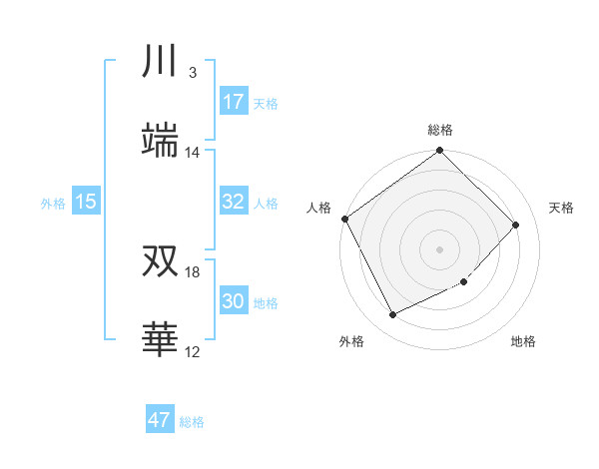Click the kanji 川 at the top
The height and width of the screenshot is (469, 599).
click(x=160, y=62)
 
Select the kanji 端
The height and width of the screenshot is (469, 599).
click(x=160, y=141)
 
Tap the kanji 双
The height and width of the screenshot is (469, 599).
click(x=160, y=261)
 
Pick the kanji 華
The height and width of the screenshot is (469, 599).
click(x=160, y=340)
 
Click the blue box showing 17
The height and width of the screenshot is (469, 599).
click(x=234, y=102)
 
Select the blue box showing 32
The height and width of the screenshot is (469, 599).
click(x=234, y=202)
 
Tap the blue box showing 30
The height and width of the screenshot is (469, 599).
click(x=234, y=301)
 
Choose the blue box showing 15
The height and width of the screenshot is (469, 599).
click(x=86, y=202)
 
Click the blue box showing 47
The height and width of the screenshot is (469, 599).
click(x=160, y=420)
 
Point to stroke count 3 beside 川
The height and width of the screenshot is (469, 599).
click(x=193, y=73)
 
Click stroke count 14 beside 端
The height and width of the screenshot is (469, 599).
click(x=193, y=153)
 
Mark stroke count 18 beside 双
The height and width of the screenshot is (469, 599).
click(x=193, y=272)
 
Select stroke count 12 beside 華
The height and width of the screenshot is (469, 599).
click(x=193, y=352)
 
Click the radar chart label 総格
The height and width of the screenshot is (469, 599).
click(x=440, y=130)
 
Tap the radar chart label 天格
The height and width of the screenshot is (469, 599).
click(x=562, y=208)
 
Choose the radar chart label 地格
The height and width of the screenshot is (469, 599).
click(x=523, y=342)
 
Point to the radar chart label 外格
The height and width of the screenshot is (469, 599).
click(x=351, y=342)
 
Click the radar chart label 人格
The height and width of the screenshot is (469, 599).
click(x=318, y=208)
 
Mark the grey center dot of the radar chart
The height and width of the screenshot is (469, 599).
click(x=440, y=248)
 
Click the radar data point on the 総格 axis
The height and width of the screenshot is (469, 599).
click(x=440, y=152)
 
